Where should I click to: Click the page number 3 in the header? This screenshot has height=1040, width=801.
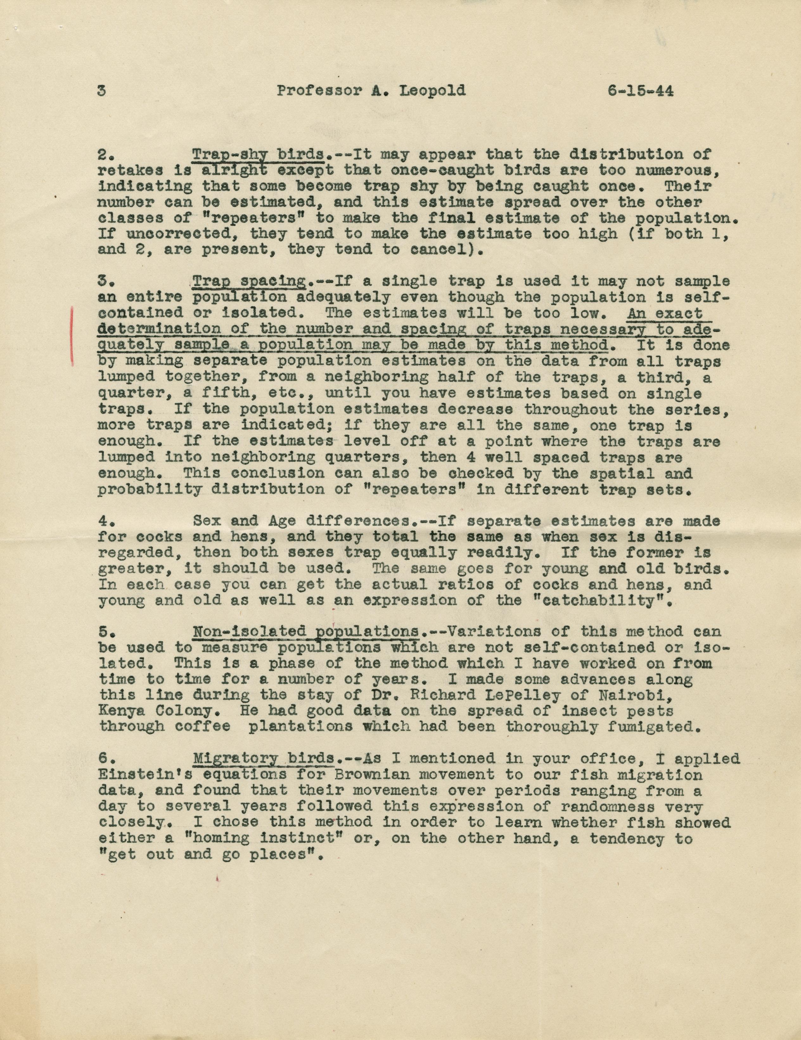coord(101,90)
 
